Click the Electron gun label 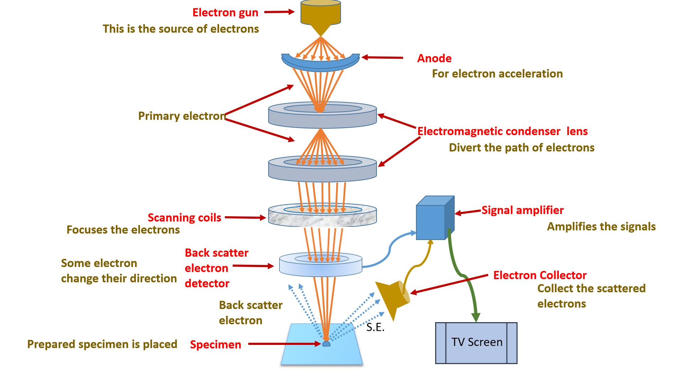(225, 12)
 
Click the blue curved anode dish (320, 64)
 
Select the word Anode (434, 58)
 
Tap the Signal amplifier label (522, 210)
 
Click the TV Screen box (476, 343)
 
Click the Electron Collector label (540, 275)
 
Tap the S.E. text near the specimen (375, 327)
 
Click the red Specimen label (215, 345)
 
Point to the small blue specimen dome (326, 344)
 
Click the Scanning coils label (184, 218)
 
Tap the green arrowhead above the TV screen (476, 317)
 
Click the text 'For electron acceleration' (497, 74)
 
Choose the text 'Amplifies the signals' (601, 226)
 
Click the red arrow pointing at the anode (382, 57)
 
